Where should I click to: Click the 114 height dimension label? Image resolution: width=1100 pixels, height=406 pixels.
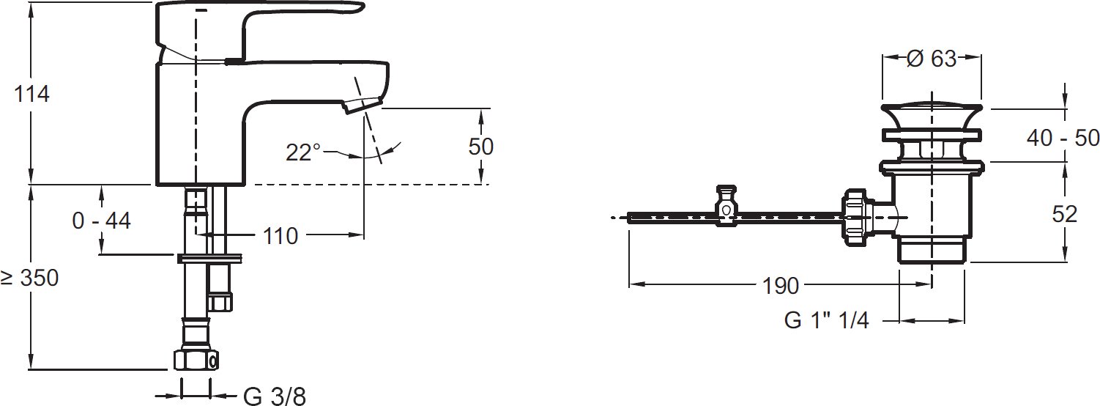[32, 94]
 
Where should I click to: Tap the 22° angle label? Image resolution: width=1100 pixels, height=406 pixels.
[303, 153]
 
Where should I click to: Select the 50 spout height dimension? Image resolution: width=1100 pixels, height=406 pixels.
[480, 147]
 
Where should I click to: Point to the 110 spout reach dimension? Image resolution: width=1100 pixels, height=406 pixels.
[280, 236]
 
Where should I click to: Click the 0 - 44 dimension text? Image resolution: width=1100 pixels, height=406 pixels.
[101, 221]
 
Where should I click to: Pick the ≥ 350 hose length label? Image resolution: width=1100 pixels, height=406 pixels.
[29, 278]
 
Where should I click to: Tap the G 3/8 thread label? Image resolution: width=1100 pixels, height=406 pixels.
[275, 396]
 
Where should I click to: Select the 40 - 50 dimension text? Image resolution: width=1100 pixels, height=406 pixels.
[1063, 138]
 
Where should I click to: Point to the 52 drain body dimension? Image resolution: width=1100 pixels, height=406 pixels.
[1065, 214]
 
